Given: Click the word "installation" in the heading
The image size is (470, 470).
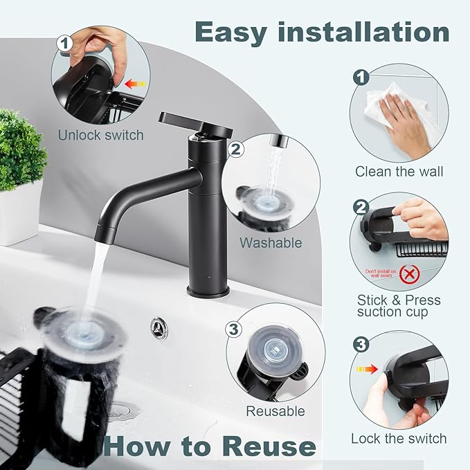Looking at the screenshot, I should click(374, 32).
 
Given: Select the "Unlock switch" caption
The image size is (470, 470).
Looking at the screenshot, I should click(101, 135).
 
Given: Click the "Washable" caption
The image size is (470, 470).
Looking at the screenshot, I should click(271, 243).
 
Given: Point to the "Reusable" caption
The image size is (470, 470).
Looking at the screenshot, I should click(275, 411).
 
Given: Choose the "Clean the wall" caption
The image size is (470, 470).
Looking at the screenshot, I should click(399, 172).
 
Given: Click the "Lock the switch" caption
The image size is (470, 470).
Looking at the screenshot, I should click(399, 438).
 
